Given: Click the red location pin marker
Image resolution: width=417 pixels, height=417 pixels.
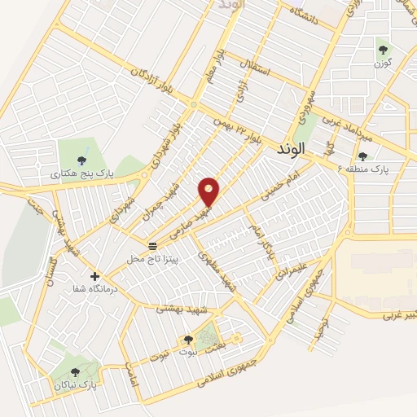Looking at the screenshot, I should pos(209,191).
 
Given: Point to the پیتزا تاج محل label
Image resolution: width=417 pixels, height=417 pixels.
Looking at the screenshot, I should pos(151,258).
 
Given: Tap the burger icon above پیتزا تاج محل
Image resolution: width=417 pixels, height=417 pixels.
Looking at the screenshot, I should pos(151,245).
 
